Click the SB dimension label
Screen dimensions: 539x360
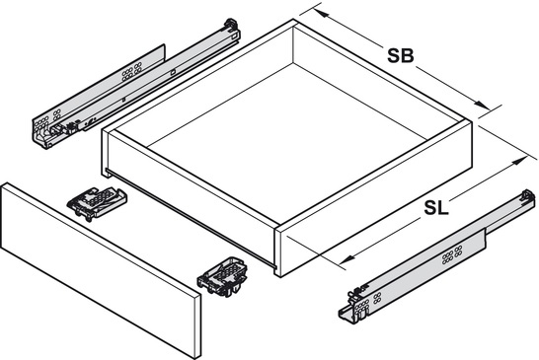pyautogui.click(x=401, y=55)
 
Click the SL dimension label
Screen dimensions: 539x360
pyautogui.click(x=436, y=208)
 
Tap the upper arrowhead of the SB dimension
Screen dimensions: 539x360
pyautogui.click(x=320, y=14)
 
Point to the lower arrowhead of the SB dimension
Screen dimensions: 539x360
pyautogui.click(x=482, y=105)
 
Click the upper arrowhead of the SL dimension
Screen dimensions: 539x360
pyautogui.click(x=519, y=161)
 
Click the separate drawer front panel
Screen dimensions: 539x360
pyautogui.click(x=101, y=270)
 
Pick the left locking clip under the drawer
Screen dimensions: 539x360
pyautogui.click(x=98, y=203)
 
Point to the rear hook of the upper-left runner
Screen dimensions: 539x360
pyautogui.click(x=231, y=26)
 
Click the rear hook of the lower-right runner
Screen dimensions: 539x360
pyautogui.click(x=528, y=196)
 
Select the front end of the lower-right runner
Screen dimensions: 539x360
pyautogui.click(x=355, y=308)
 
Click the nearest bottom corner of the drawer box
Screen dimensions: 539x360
pyautogui.click(x=277, y=275)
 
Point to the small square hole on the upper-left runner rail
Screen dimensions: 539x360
pyautogui.click(x=174, y=72)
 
